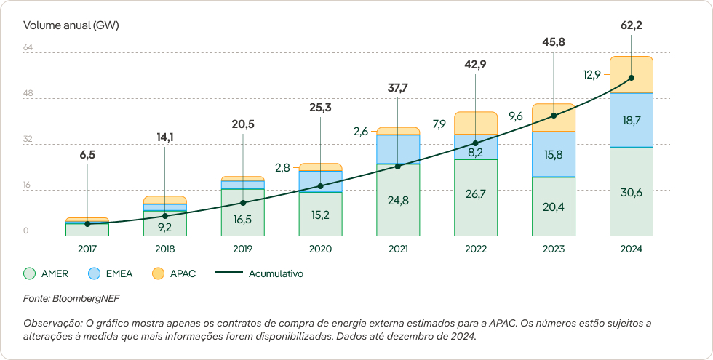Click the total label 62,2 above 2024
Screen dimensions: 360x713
[x=631, y=25]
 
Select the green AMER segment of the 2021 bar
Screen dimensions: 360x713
[x=398, y=200]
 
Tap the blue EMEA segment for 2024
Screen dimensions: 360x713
[x=631, y=120]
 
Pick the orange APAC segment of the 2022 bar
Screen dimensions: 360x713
[x=475, y=123]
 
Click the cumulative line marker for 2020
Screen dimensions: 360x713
[x=320, y=186]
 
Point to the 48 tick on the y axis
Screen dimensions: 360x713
[x=28, y=94]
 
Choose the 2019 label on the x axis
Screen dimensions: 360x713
[x=242, y=249]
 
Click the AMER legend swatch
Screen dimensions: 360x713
[x=30, y=274]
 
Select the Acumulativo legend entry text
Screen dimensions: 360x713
[x=276, y=274]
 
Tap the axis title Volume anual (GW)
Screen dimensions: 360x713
[x=71, y=25]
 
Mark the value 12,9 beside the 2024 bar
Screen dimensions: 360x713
[x=591, y=74]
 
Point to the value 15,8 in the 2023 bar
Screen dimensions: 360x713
[x=553, y=154]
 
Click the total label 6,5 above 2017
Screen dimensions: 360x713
[x=87, y=155]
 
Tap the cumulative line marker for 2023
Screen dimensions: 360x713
[x=554, y=116]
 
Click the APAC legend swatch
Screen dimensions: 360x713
[x=158, y=274]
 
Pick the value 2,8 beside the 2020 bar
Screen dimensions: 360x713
[x=282, y=167]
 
